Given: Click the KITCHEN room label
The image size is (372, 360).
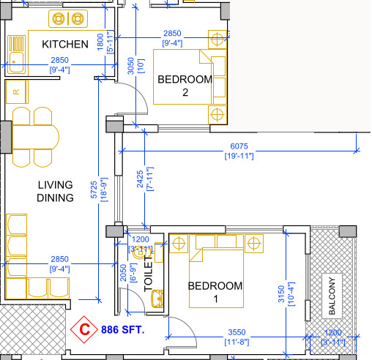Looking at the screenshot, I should (65, 44).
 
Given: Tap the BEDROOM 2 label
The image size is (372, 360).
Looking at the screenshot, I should (186, 86).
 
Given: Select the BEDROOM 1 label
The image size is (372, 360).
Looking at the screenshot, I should (215, 292).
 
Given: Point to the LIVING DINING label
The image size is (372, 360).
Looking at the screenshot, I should (56, 192).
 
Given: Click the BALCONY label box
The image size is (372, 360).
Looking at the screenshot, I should (332, 296).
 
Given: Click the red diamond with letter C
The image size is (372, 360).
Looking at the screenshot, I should (86, 330).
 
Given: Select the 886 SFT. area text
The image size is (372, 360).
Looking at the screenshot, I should (123, 330).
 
